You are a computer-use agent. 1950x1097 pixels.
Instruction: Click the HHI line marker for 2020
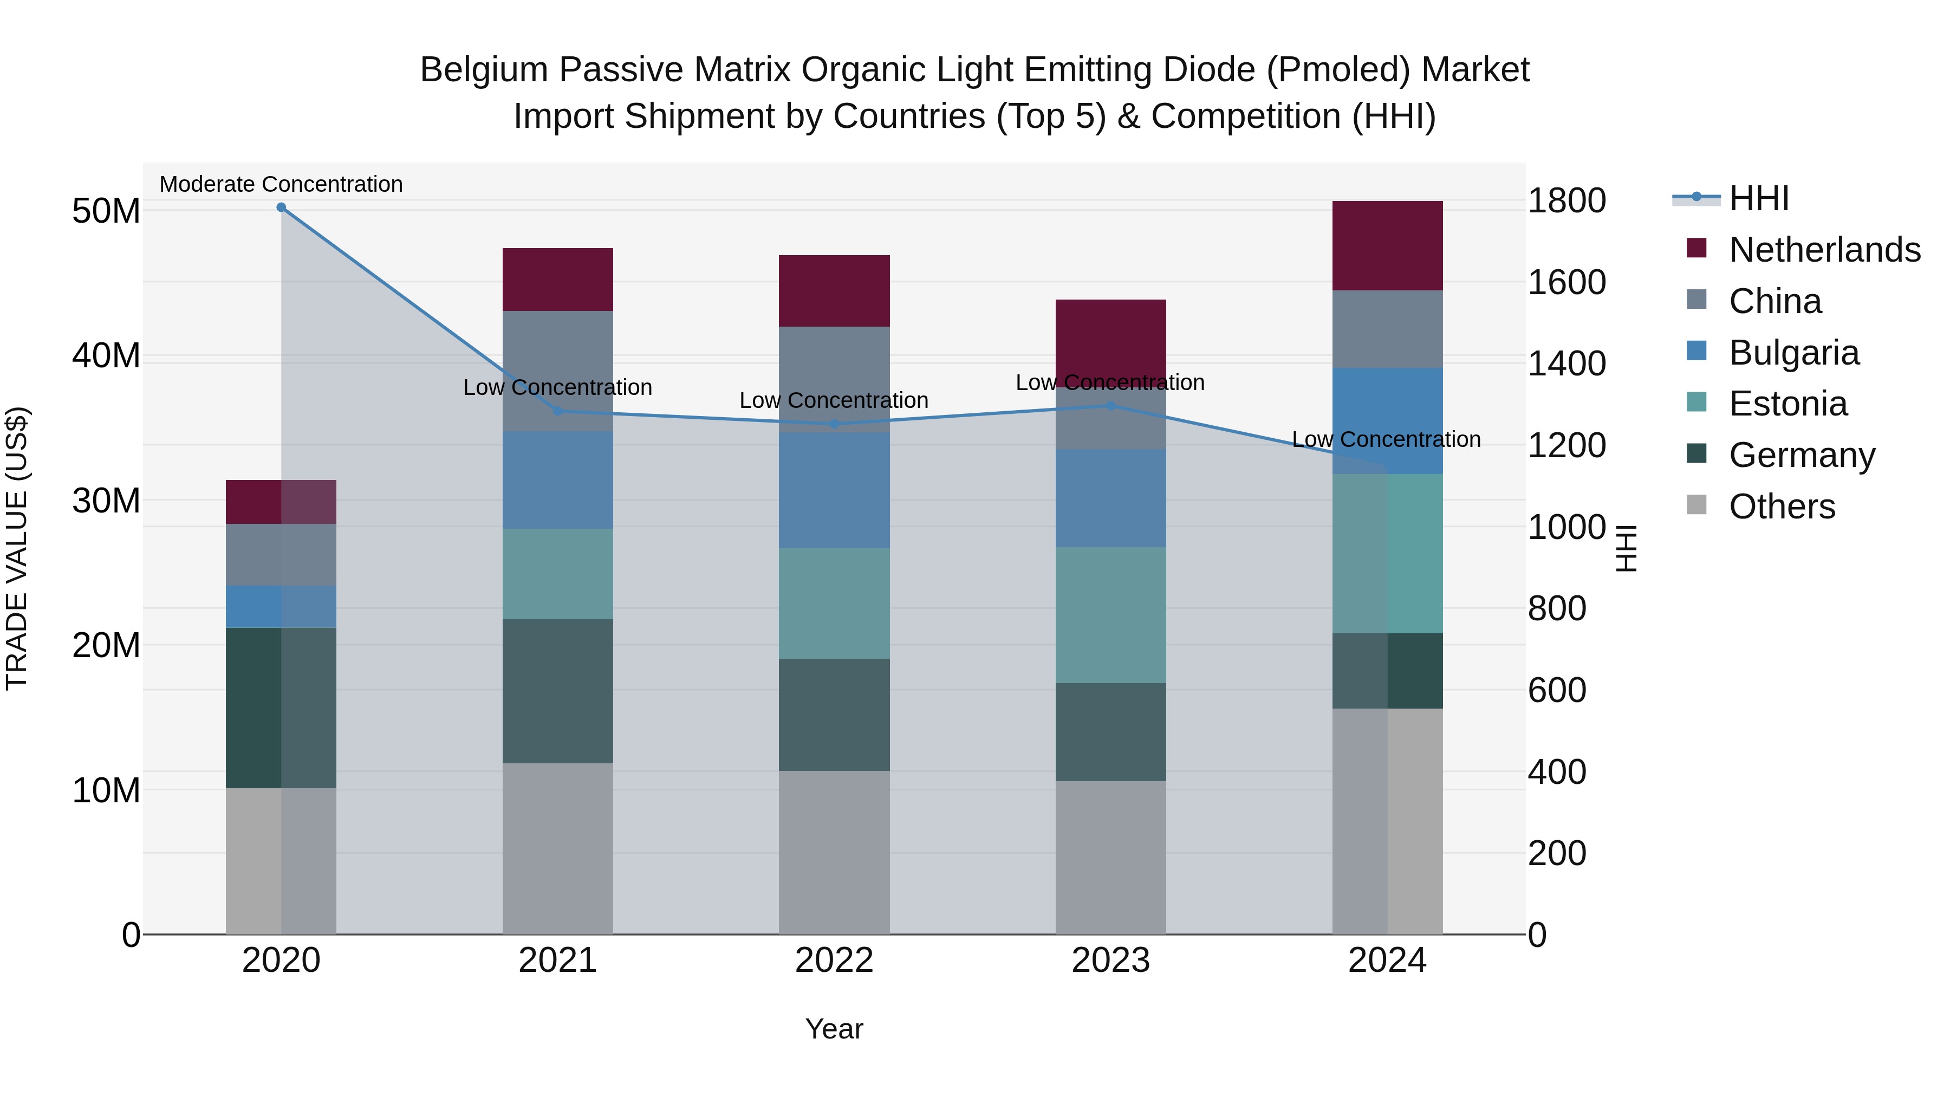click(x=281, y=207)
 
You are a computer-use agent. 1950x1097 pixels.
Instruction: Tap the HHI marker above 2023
click(x=1110, y=406)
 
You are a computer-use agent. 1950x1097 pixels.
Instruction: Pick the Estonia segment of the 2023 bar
click(x=1110, y=615)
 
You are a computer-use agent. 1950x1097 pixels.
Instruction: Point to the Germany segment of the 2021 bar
click(x=558, y=691)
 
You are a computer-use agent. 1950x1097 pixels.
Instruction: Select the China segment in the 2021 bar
click(x=558, y=371)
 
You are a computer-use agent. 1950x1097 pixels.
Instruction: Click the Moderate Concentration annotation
click(x=281, y=184)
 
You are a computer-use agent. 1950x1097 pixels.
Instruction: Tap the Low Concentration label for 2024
click(x=1386, y=439)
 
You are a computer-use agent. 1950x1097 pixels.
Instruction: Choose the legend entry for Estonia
click(x=1788, y=404)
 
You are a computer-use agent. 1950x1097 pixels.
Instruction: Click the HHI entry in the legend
click(x=1758, y=198)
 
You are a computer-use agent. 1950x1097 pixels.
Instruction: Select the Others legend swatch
click(x=1696, y=505)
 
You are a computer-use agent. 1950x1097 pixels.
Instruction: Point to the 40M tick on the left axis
click(x=106, y=356)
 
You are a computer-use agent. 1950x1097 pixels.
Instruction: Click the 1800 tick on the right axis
click(x=1565, y=200)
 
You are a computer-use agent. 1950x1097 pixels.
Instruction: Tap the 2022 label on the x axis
click(x=834, y=960)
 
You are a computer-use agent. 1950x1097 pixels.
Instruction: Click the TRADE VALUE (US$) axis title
click(x=17, y=548)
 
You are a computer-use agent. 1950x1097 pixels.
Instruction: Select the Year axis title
click(x=834, y=1029)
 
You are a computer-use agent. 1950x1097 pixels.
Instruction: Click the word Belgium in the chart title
click(x=484, y=70)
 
